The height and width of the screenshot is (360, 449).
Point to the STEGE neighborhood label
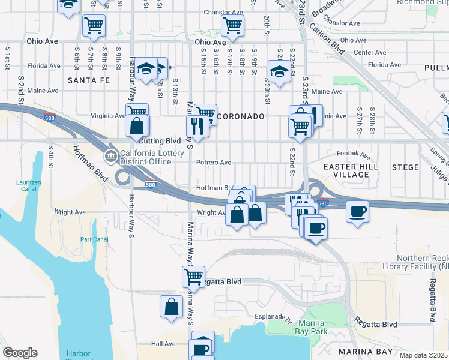point(405,167)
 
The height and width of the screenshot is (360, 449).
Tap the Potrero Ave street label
point(213,162)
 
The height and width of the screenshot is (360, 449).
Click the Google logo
point(20,353)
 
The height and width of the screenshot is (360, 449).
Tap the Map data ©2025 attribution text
point(423,355)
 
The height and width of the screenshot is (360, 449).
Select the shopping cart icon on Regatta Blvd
point(194,276)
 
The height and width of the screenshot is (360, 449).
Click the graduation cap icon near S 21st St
point(278,73)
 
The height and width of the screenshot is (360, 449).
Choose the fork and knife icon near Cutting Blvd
point(196,125)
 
